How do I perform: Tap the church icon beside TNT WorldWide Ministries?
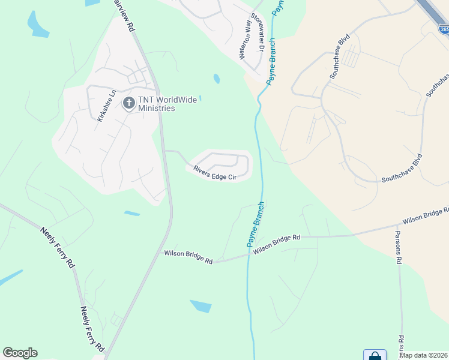click(128, 103)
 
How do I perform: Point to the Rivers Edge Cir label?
click(214, 172)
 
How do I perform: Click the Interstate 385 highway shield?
click(444, 28)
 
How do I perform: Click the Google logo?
click(20, 352)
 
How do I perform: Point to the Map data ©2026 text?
click(423, 355)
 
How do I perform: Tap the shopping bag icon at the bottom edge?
click(375, 355)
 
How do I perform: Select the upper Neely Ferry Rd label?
click(58, 246)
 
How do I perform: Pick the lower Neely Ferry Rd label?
click(92, 329)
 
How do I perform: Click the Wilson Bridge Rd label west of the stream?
click(188, 257)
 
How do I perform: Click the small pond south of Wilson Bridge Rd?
click(200, 306)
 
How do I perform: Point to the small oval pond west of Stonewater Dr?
click(216, 79)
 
